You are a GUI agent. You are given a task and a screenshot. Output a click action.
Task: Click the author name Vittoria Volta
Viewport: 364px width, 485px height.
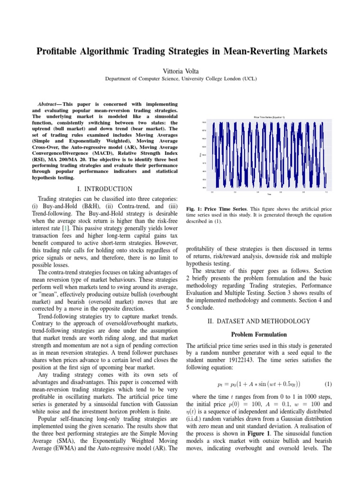182,70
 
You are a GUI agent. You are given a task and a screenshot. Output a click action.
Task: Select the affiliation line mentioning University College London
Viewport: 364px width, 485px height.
182,79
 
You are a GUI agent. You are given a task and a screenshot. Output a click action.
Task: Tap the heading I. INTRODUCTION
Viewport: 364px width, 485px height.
108,189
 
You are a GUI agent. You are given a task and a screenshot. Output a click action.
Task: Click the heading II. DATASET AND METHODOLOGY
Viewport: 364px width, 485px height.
259,321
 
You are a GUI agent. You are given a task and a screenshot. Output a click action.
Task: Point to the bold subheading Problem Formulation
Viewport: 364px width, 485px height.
258,335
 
